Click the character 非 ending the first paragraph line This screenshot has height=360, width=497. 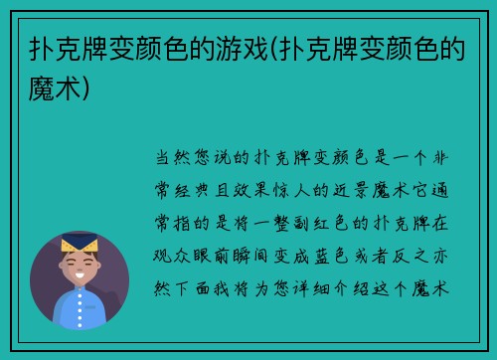click(444, 157)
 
